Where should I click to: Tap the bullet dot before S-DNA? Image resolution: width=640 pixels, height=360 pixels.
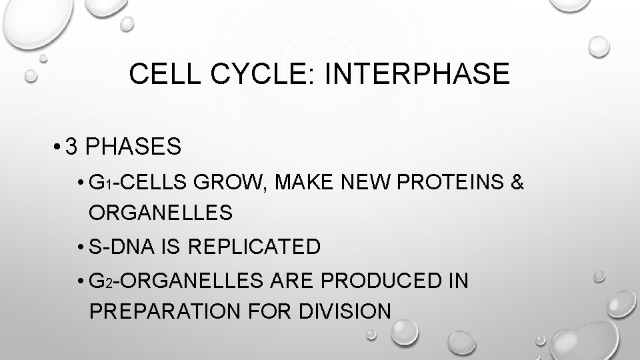pos(80,247)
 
